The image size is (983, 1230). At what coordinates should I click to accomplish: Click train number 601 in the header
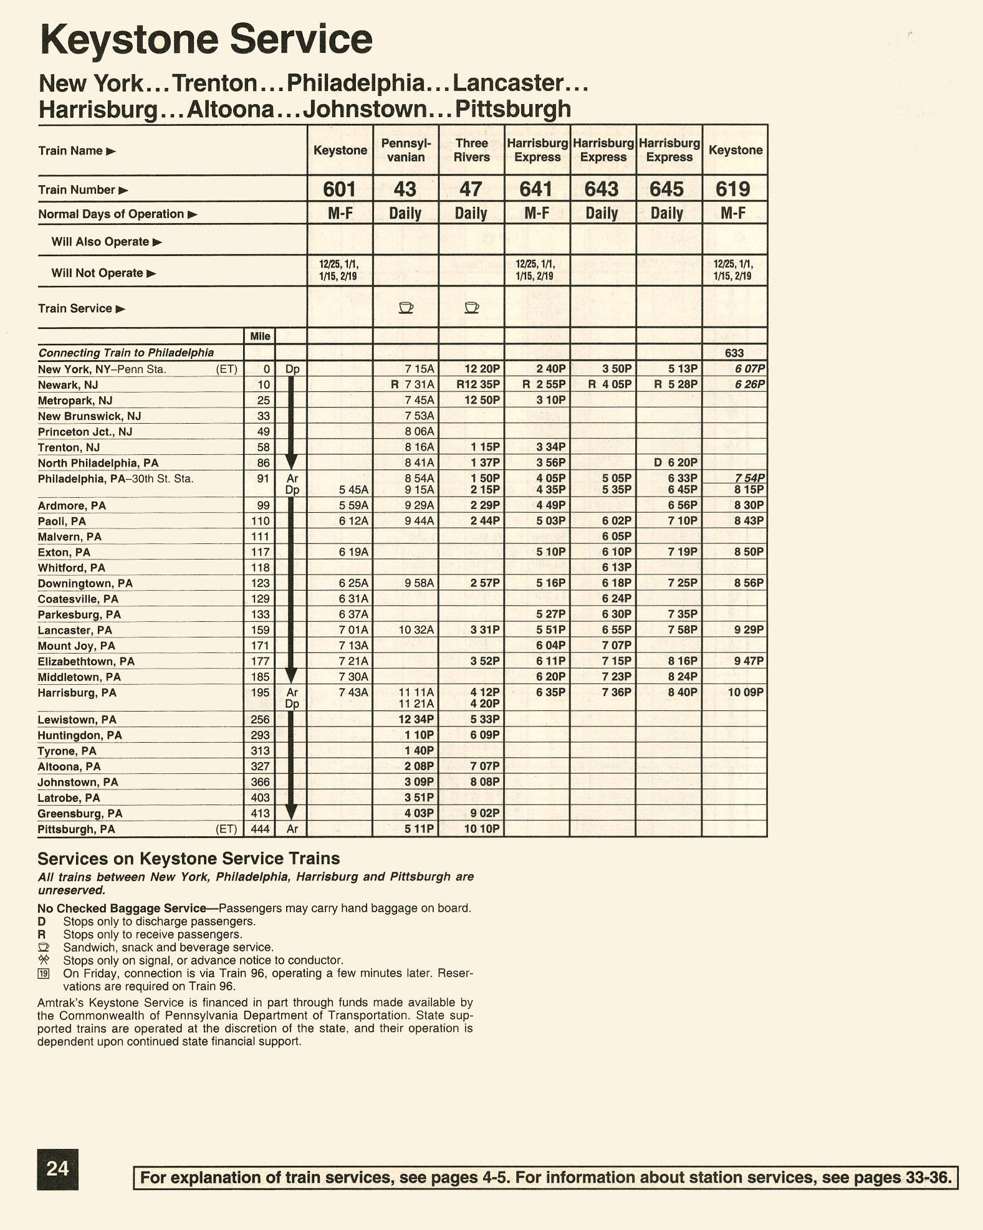[340, 189]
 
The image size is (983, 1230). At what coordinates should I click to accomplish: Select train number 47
[471, 189]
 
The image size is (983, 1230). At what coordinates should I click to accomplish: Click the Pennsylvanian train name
[406, 150]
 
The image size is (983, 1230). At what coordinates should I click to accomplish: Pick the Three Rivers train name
[471, 150]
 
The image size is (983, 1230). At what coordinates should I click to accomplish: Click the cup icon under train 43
[406, 307]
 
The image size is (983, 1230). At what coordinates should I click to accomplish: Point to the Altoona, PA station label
[69, 766]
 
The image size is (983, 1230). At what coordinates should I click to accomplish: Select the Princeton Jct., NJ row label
[85, 432]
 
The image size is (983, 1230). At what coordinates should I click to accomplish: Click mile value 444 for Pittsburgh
[260, 829]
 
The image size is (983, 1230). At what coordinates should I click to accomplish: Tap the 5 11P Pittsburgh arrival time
[419, 829]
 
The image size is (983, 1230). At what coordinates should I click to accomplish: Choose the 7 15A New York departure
[419, 369]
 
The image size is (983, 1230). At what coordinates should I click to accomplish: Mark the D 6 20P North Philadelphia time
[676, 462]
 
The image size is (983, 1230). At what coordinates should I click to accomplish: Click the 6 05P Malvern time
[616, 536]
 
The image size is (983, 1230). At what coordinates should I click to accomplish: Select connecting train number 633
[734, 353]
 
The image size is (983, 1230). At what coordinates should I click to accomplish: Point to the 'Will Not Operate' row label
[97, 273]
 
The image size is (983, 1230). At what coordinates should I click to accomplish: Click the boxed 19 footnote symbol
[44, 973]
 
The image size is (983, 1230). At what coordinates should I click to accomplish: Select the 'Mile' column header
[260, 336]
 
